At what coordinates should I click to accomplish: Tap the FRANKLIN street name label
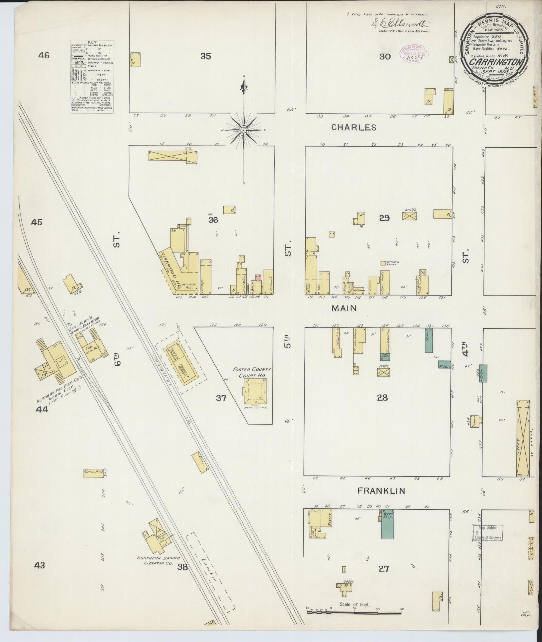coord(381,490)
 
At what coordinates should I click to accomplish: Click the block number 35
coord(206,56)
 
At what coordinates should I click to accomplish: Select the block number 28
coord(383,397)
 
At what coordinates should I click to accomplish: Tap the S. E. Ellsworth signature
coord(400,24)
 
